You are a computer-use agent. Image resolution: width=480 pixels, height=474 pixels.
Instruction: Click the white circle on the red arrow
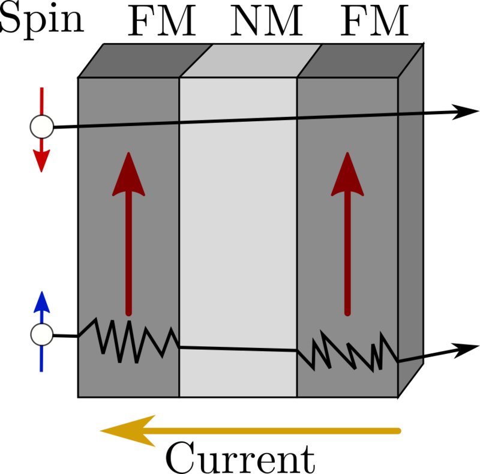[42, 127]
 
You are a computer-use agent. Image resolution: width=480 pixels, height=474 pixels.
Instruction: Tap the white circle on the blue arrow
[42, 335]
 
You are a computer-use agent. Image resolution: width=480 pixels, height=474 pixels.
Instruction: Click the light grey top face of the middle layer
[251, 61]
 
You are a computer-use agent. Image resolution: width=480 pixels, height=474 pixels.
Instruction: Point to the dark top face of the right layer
[360, 61]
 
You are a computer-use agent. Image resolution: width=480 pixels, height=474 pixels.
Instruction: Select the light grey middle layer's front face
[238, 234]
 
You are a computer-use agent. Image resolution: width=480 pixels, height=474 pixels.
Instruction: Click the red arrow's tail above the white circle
[41, 99]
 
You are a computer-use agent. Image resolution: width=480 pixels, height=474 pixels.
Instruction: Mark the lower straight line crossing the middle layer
[238, 349]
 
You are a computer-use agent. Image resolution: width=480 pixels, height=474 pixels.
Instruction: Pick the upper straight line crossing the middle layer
[238, 120]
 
